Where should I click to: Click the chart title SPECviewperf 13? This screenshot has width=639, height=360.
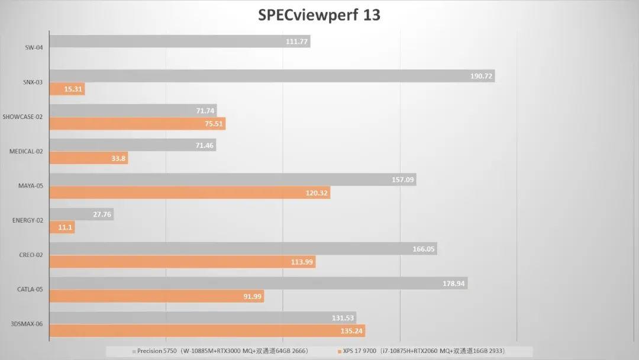click(319, 15)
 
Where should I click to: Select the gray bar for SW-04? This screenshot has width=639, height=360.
click(177, 41)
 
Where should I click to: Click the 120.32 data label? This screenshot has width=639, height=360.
click(317, 193)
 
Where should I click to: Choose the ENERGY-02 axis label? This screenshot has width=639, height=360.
click(27, 220)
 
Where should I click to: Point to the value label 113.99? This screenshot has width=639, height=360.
click(302, 262)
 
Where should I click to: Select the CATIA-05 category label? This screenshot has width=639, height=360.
click(30, 290)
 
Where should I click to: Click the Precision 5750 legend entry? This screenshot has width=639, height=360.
click(222, 351)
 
